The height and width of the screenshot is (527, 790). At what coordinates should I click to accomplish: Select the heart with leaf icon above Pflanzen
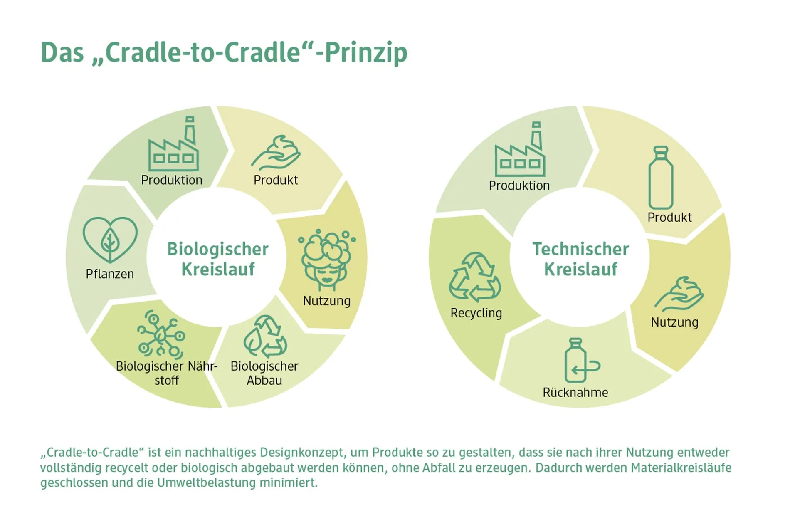click(x=110, y=240)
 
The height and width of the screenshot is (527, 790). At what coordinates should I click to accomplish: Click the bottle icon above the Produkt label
click(x=661, y=178)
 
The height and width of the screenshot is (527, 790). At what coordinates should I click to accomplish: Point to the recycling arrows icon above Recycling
click(x=475, y=277)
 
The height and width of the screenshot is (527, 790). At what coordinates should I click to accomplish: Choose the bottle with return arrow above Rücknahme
click(x=582, y=360)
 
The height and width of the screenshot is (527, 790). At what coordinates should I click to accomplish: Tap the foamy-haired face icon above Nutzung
click(x=327, y=260)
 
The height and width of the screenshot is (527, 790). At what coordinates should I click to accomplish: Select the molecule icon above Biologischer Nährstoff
click(x=161, y=334)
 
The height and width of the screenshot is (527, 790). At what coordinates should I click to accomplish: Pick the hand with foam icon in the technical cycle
click(x=679, y=294)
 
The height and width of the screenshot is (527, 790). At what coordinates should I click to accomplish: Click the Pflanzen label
click(x=110, y=274)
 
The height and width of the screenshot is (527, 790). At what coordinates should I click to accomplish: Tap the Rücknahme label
click(x=575, y=392)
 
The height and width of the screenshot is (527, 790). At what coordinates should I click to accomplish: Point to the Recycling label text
click(x=476, y=313)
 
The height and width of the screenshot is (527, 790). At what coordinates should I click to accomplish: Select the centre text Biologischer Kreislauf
click(x=218, y=259)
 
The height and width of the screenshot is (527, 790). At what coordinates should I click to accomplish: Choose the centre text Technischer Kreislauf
click(x=581, y=259)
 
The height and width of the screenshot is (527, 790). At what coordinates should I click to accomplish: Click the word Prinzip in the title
click(x=366, y=53)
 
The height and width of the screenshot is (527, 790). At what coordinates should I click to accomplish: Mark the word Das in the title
click(x=62, y=52)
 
